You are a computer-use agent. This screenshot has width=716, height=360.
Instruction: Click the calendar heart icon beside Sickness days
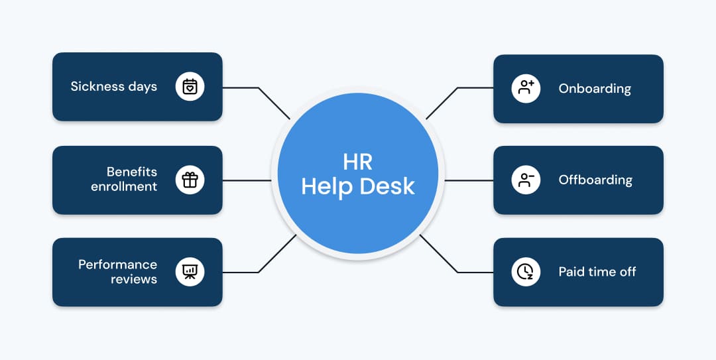(x=190, y=87)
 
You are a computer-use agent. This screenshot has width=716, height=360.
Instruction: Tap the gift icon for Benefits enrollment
(x=190, y=180)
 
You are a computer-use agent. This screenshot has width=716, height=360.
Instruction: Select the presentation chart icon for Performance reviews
(x=190, y=272)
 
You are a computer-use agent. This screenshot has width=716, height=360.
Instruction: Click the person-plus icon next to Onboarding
(x=526, y=88)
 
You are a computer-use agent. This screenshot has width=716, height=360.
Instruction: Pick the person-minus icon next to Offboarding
(x=526, y=180)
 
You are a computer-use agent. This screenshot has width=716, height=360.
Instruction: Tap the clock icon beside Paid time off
(x=525, y=272)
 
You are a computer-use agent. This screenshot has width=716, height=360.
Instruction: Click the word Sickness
(x=98, y=86)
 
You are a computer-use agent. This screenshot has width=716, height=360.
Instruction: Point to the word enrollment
(x=124, y=186)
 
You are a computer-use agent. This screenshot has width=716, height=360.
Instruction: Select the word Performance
(x=117, y=265)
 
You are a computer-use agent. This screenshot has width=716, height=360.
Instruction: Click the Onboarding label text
(x=595, y=88)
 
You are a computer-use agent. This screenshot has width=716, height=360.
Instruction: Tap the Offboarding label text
(x=595, y=180)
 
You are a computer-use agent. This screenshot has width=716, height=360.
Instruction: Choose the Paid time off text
(x=597, y=272)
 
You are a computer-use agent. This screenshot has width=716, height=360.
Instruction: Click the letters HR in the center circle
(x=358, y=162)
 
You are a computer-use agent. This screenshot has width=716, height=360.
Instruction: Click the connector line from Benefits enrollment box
(x=247, y=180)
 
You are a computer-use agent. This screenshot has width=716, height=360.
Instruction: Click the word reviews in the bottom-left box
(x=134, y=278)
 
